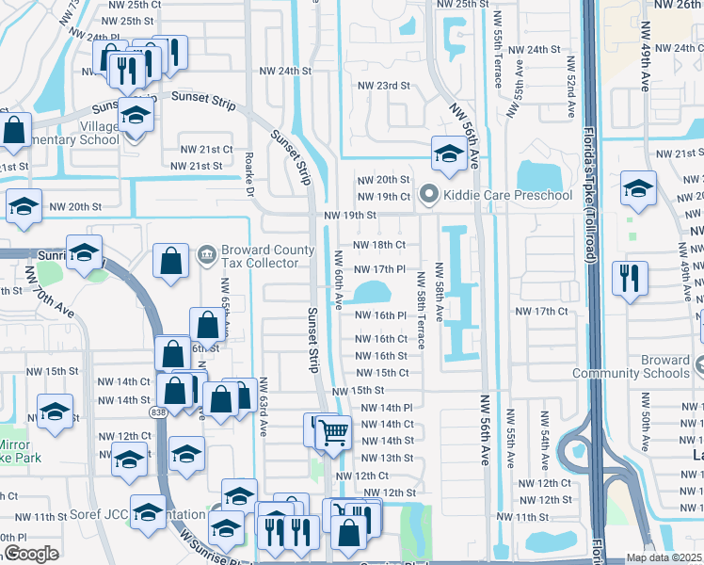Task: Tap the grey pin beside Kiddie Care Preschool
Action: [429, 195]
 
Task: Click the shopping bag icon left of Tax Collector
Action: [171, 262]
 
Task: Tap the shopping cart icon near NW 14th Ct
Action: [334, 433]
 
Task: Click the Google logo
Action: [31, 554]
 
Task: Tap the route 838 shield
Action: [158, 412]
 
